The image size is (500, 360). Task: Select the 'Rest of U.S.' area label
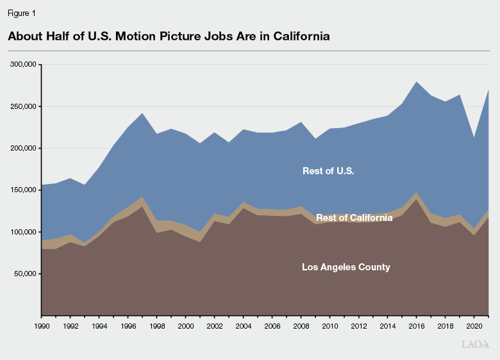(328, 171)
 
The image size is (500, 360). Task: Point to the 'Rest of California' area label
(354, 218)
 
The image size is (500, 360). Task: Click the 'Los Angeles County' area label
(346, 267)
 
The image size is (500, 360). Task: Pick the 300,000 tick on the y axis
(24, 65)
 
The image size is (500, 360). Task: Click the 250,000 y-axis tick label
(24, 106)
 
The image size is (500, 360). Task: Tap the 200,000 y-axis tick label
(24, 148)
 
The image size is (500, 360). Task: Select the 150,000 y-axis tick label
(24, 190)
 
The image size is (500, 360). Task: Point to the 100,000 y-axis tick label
(24, 232)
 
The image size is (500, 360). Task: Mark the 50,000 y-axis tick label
(26, 274)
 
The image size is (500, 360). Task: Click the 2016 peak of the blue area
(417, 82)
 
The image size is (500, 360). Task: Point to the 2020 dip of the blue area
(474, 138)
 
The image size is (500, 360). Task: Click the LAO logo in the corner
(475, 345)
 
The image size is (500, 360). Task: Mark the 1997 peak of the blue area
(142, 113)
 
